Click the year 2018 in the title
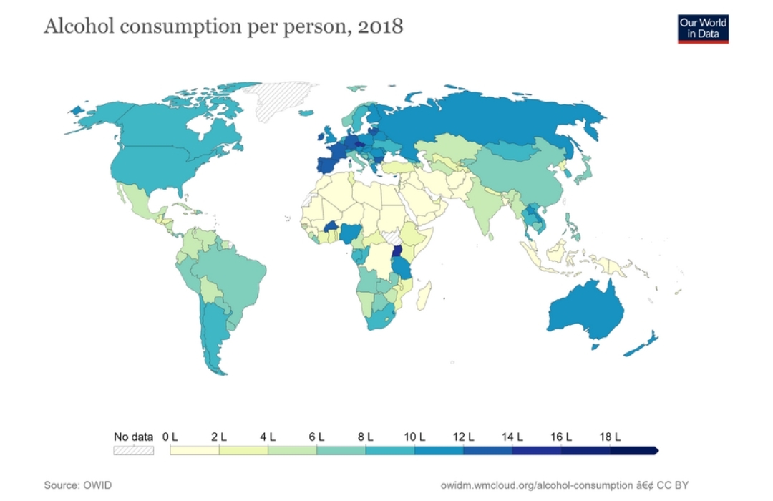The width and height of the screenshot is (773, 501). point(380,27)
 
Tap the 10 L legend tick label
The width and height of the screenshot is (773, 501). point(414,437)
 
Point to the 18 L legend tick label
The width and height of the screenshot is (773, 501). point(610,437)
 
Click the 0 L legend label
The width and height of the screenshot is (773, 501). point(170,437)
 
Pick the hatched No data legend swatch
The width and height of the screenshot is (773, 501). point(134,450)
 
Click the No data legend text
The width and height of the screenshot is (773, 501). point(134,437)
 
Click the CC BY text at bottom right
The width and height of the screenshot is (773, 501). point(672,485)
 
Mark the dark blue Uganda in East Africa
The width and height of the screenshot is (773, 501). point(396,252)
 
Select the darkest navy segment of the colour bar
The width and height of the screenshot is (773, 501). point(633,450)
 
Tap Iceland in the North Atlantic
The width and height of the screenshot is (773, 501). point(356,89)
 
